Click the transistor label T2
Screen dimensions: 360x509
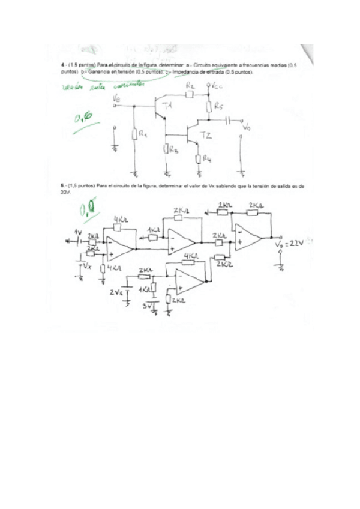click(x=206, y=134)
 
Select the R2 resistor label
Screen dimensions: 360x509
click(x=190, y=86)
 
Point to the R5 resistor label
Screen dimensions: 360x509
click(x=219, y=107)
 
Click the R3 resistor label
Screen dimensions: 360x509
click(x=174, y=151)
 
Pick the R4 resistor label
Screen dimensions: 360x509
click(x=207, y=159)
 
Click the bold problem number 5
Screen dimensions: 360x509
click(x=62, y=186)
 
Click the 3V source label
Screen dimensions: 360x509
click(x=146, y=306)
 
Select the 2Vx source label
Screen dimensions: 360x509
click(x=116, y=292)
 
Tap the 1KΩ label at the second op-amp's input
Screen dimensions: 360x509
click(x=153, y=230)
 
